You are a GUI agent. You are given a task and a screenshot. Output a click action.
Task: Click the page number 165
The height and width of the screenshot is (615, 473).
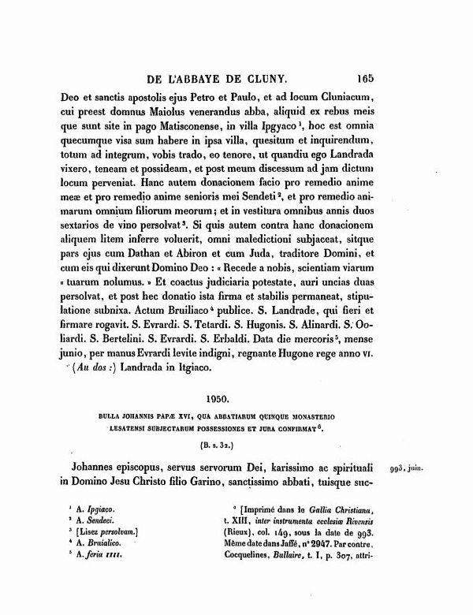[369, 78]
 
